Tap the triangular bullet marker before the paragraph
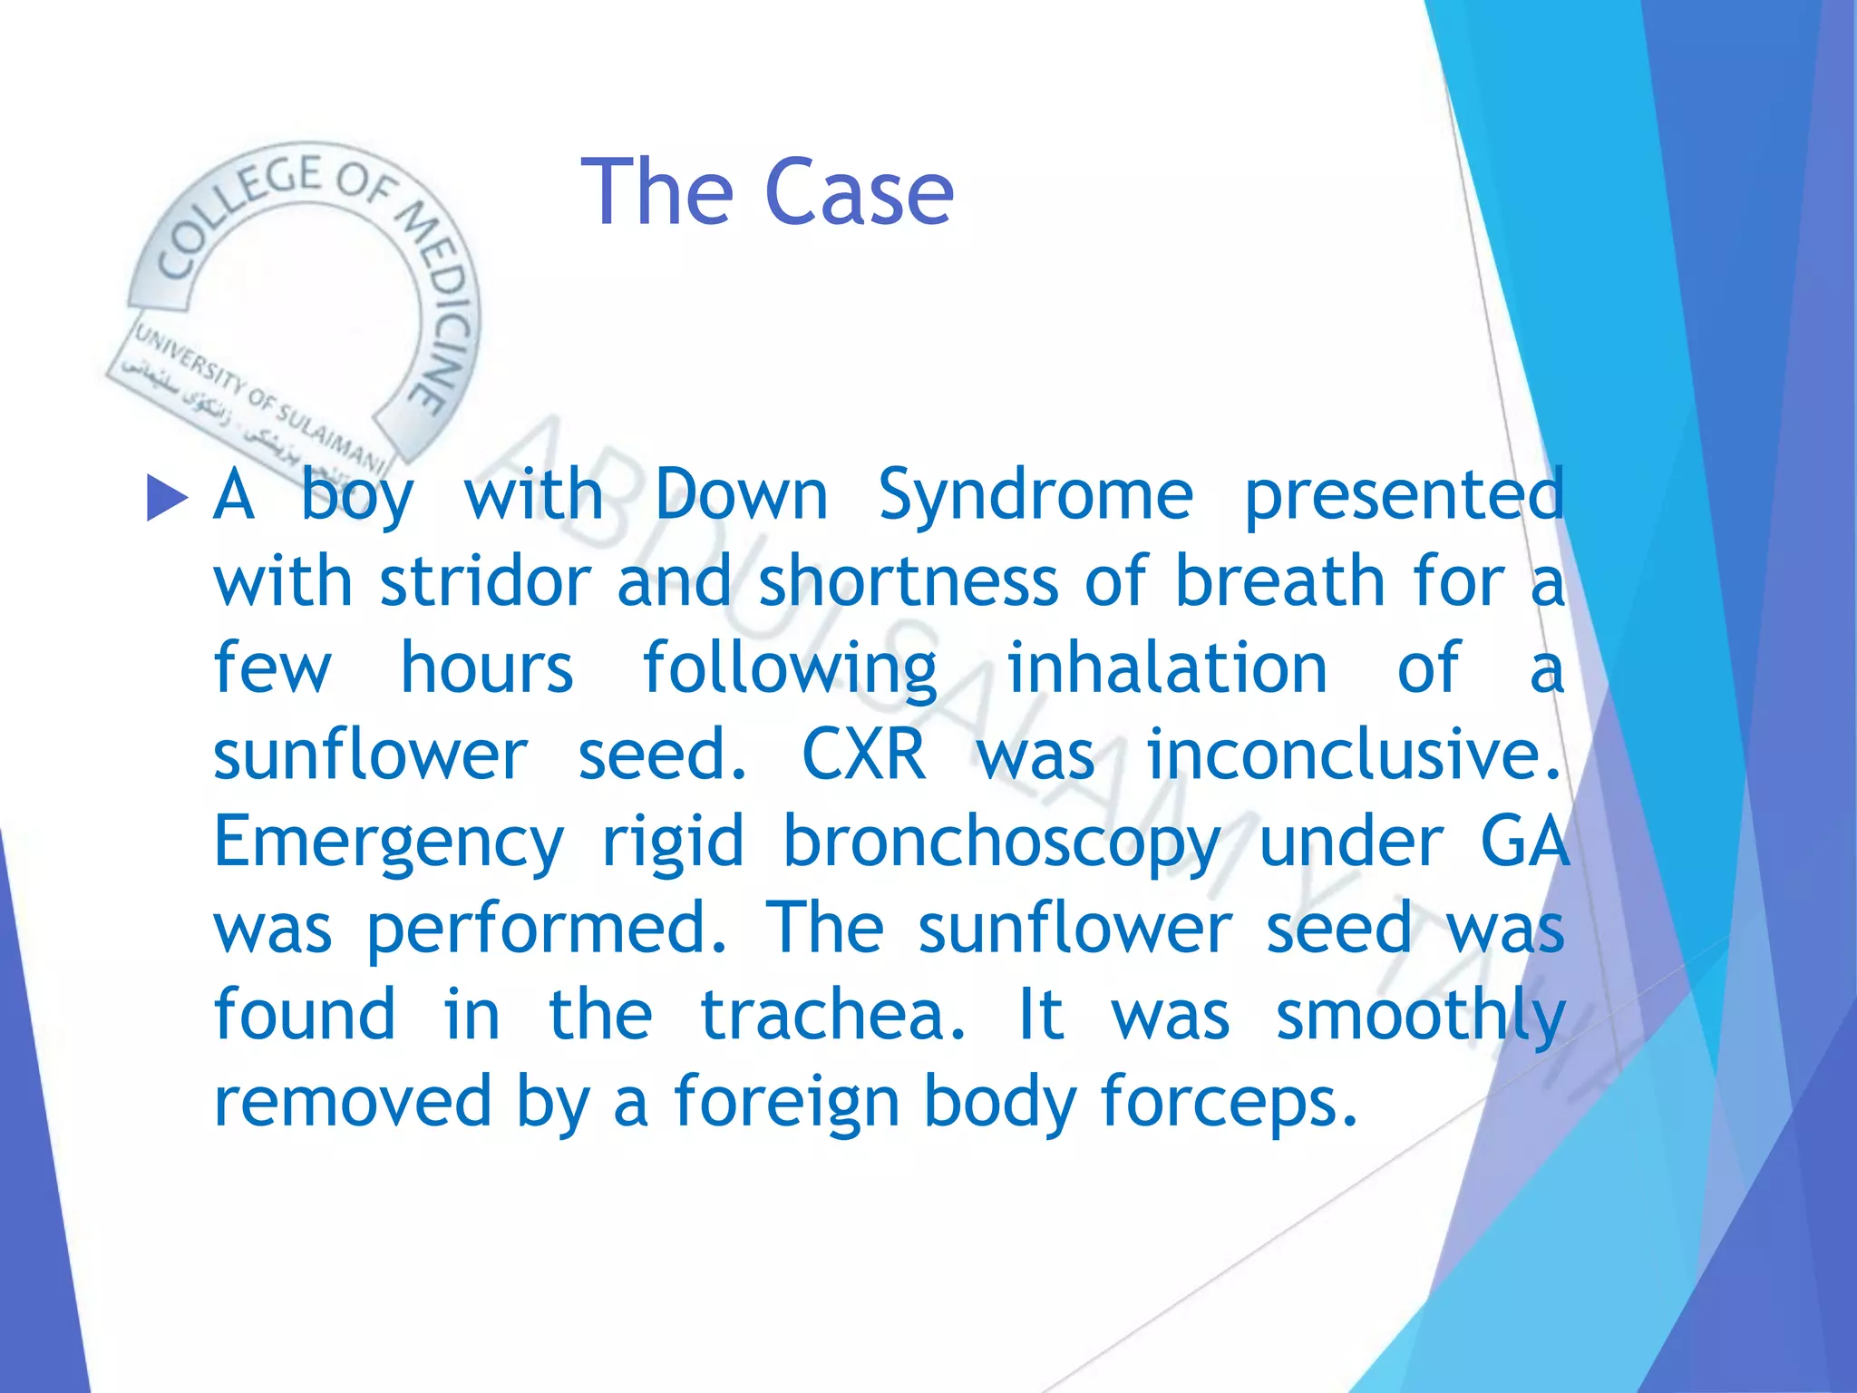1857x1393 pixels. pos(166,498)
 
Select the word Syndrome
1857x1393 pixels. pos(1035,496)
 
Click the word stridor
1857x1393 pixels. pos(485,581)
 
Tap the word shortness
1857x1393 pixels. pos(908,581)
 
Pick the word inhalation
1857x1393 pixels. pos(1167,668)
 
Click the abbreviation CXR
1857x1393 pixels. pos(864,755)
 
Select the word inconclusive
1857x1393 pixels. pos(1353,755)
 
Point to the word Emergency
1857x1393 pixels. pos(388,843)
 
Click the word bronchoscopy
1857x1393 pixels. pos(1001,843)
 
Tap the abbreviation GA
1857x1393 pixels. pos(1523,843)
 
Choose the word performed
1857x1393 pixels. pos(546,929)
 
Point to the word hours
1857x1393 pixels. pos(487,668)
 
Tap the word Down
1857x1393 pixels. pos(741,496)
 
